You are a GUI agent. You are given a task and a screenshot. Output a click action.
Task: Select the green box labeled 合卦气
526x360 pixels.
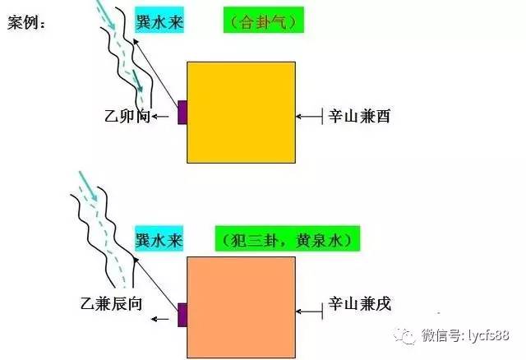click(264, 20)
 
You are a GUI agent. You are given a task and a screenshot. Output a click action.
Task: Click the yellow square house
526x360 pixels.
click(241, 113)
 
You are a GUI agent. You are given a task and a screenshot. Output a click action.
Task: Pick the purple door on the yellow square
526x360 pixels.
click(182, 112)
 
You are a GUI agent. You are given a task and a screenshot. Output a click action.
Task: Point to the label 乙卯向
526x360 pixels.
click(127, 116)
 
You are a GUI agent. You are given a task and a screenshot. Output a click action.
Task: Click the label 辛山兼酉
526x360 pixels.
click(359, 117)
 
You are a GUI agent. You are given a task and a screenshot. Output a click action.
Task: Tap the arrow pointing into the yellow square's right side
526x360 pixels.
click(309, 117)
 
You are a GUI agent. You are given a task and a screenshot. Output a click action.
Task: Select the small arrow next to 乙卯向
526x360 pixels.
click(160, 117)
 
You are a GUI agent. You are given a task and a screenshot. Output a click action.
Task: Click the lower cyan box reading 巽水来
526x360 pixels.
click(159, 239)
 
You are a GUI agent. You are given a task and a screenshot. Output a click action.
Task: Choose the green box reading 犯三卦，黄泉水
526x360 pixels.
click(288, 239)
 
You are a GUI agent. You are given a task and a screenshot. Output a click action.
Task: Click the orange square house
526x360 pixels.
click(241, 307)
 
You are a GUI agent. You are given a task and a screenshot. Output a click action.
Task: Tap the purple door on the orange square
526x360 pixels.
click(182, 315)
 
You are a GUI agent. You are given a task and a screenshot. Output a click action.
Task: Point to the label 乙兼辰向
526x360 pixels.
click(112, 303)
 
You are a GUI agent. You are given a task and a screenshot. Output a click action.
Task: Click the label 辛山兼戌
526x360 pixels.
click(360, 303)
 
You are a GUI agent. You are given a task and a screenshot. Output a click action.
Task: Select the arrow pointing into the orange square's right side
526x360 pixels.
click(309, 312)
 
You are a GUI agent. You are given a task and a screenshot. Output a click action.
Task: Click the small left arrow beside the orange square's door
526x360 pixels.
click(160, 319)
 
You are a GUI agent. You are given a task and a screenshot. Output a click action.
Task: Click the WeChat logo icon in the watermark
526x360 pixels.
click(405, 335)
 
